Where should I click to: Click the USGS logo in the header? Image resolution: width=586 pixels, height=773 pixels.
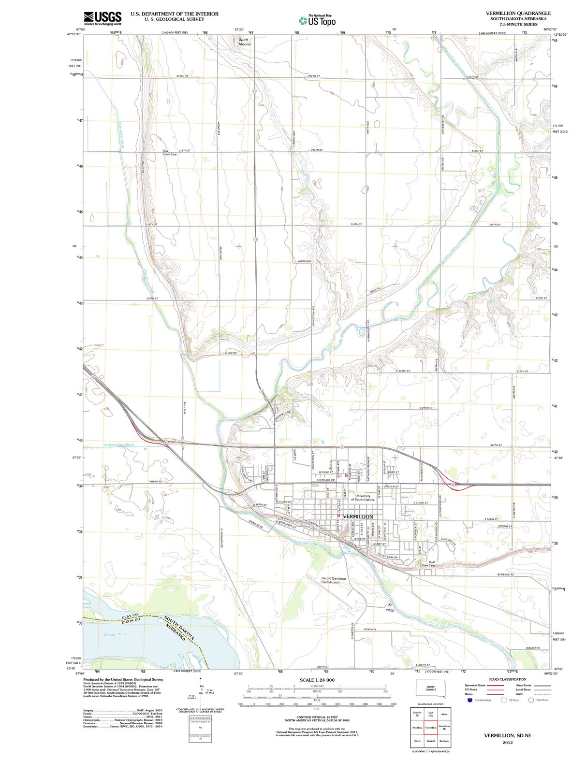(x=102, y=18)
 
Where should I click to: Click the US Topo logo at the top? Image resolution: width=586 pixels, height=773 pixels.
(x=317, y=20)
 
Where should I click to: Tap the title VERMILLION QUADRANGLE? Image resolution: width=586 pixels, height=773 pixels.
(x=518, y=13)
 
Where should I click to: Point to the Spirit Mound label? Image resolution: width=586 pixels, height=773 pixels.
(x=245, y=42)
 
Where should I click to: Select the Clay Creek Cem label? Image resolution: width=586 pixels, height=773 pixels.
(x=169, y=153)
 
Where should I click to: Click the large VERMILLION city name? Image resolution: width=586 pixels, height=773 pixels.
(x=358, y=516)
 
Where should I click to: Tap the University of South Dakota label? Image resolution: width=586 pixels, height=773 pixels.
(x=363, y=498)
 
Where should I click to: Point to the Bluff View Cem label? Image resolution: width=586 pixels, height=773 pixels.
(x=428, y=564)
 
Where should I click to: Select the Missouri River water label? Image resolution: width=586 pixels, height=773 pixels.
(x=115, y=634)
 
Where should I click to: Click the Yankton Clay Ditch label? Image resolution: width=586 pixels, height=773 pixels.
(x=118, y=444)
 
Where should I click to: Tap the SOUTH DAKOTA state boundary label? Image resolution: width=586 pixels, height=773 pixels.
(x=179, y=627)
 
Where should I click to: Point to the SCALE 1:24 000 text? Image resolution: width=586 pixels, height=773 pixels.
(x=317, y=680)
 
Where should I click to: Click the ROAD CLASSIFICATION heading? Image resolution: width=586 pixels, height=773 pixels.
(x=507, y=679)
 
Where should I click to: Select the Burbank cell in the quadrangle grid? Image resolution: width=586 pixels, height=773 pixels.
(x=444, y=741)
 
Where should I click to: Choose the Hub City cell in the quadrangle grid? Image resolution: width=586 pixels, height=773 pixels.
(x=430, y=714)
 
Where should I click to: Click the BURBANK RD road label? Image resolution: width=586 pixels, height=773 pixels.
(x=506, y=574)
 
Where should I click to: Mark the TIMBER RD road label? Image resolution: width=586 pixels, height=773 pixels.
(x=155, y=482)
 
